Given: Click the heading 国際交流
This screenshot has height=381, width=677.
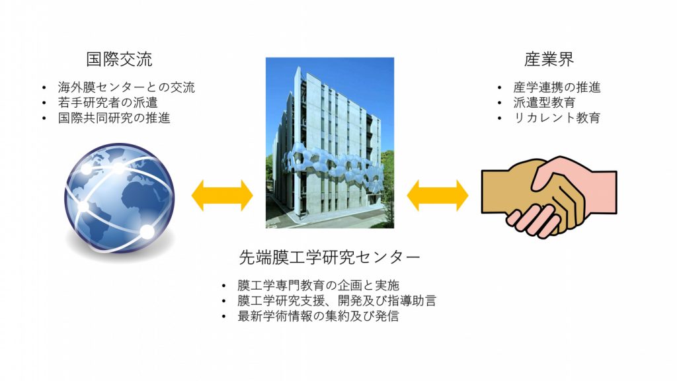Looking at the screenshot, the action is pyautogui.click(x=119, y=59).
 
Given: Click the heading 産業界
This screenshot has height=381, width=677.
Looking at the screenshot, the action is pyautogui.click(x=549, y=59).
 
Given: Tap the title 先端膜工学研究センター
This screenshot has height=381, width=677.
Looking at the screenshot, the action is pyautogui.click(x=329, y=257).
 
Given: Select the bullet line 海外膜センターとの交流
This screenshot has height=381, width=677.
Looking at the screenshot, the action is pyautogui.click(x=126, y=87).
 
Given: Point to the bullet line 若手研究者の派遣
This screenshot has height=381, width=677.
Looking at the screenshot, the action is pyautogui.click(x=108, y=103).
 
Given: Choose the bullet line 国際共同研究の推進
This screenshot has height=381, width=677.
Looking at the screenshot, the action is pyautogui.click(x=114, y=118).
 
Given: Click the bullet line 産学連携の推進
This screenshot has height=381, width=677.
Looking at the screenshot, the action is pyautogui.click(x=557, y=87).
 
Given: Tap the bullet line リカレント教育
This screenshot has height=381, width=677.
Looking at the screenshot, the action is pyautogui.click(x=557, y=118).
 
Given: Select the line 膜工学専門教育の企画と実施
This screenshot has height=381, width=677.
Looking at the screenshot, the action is pyautogui.click(x=318, y=285).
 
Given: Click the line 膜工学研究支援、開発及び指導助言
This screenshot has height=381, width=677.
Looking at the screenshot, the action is pyautogui.click(x=337, y=301).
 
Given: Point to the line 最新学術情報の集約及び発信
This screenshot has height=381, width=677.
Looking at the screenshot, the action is pyautogui.click(x=318, y=316).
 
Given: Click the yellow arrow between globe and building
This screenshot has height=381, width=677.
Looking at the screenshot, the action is pyautogui.click(x=222, y=195).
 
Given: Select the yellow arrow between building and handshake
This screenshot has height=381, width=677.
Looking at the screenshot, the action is pyautogui.click(x=438, y=195).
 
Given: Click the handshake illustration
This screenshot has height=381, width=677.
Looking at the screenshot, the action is pyautogui.click(x=549, y=196).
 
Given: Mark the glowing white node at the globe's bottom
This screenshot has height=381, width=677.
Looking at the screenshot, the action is pyautogui.click(x=147, y=232).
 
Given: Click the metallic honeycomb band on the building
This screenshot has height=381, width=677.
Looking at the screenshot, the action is pyautogui.click(x=333, y=169).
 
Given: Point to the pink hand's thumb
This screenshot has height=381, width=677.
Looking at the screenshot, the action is pyautogui.click(x=545, y=175).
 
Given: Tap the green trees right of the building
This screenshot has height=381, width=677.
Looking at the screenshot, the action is pyautogui.click(x=387, y=181).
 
